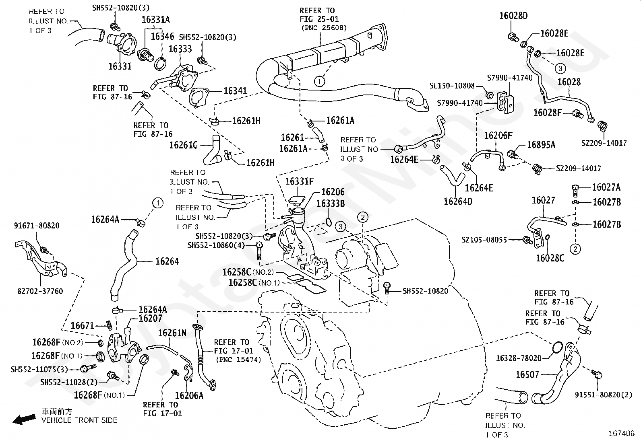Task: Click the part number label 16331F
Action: (x=300, y=181)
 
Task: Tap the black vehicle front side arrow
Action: (x=24, y=419)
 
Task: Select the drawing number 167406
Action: (x=622, y=434)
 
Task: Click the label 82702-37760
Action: (x=40, y=291)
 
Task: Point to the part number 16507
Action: (x=527, y=374)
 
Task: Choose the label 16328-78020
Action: (x=519, y=358)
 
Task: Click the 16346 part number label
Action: (x=162, y=36)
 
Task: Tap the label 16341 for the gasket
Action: (x=235, y=91)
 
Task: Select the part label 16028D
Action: (x=513, y=16)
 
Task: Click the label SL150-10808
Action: (x=452, y=86)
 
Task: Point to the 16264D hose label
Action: (x=458, y=201)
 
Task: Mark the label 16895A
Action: (x=541, y=145)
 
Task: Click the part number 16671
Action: (x=83, y=326)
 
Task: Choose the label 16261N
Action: (x=172, y=333)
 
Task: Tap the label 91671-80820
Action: (x=37, y=226)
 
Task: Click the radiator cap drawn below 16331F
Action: (x=297, y=199)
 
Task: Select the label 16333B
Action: (x=331, y=204)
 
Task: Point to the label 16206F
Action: (x=498, y=136)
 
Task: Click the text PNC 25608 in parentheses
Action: (x=324, y=28)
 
